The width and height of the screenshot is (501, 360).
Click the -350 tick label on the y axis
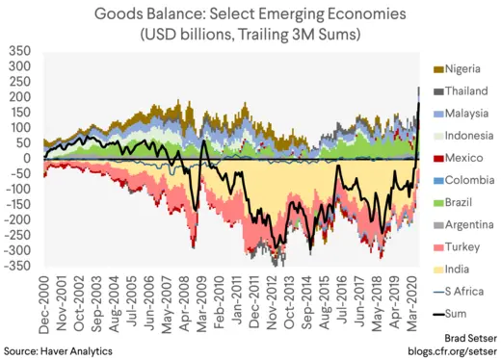(x=18, y=265)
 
